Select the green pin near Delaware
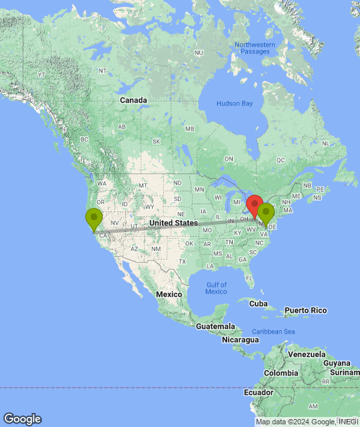(x=267, y=214)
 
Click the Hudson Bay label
(x=235, y=103)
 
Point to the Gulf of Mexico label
(x=216, y=288)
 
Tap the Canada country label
(x=133, y=100)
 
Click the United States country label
(x=173, y=223)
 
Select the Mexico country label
(x=169, y=294)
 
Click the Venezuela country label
(x=307, y=354)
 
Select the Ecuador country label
(x=257, y=392)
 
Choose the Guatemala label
(x=215, y=326)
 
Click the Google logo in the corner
(x=22, y=419)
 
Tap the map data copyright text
(x=307, y=422)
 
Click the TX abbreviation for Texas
(x=182, y=261)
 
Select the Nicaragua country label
(x=240, y=340)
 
